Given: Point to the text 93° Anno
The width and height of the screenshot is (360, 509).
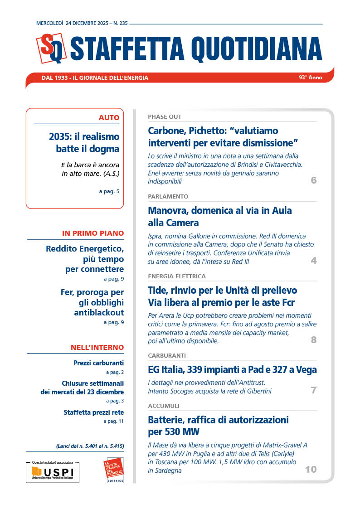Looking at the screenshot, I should (x=310, y=78).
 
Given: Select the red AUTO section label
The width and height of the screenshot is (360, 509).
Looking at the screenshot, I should (x=109, y=118).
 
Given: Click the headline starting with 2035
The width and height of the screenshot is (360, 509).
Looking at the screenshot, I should (x=84, y=142).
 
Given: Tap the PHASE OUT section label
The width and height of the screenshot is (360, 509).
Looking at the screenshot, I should (x=165, y=117).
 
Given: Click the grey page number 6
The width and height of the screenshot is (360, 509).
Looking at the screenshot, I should (x=314, y=181).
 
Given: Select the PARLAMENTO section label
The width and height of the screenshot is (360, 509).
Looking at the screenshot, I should (x=168, y=197).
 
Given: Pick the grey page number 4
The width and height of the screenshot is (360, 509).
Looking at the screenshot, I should (x=314, y=261).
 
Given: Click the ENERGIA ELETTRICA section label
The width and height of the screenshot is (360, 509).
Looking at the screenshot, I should (x=177, y=276).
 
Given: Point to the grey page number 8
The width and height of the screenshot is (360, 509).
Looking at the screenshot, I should (x=314, y=340).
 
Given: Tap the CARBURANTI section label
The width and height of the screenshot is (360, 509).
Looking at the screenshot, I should (x=167, y=355).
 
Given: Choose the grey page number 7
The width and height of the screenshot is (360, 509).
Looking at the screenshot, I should (x=314, y=390).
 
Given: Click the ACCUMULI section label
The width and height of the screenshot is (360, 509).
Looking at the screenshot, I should (x=164, y=406).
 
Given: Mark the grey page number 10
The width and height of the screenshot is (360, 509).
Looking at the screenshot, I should (x=311, y=470).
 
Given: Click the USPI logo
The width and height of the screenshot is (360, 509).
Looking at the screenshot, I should (x=53, y=473).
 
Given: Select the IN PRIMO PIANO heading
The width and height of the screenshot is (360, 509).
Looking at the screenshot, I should (x=93, y=233).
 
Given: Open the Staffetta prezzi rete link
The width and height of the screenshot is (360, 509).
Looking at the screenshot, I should (x=93, y=412).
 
